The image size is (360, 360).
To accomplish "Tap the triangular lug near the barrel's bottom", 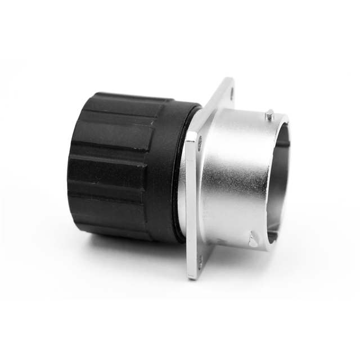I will click(x=254, y=241).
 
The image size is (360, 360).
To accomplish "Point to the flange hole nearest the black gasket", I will click(x=200, y=145).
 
